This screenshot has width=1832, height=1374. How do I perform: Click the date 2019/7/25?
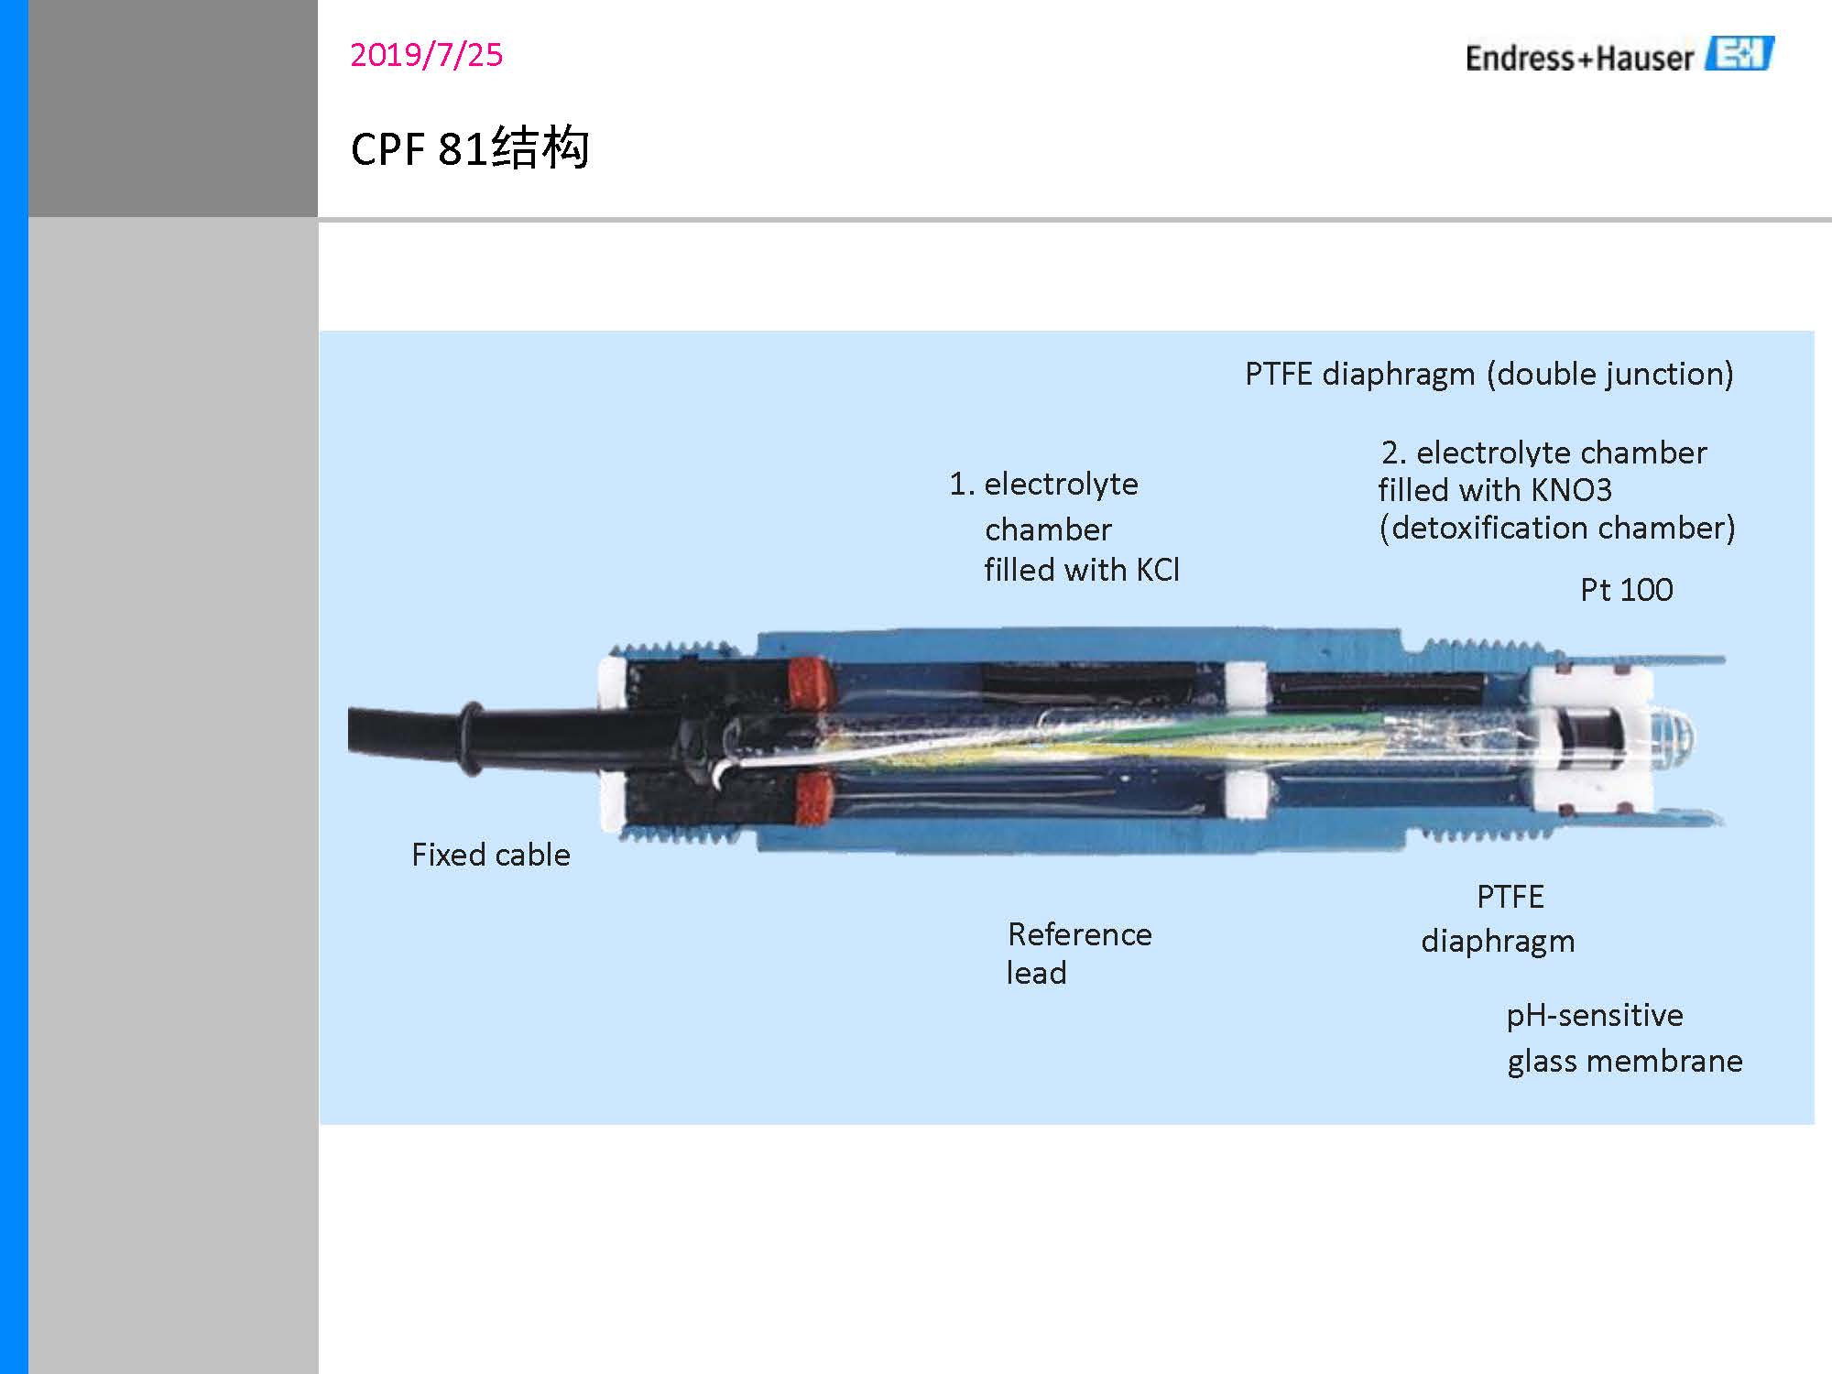point(426,55)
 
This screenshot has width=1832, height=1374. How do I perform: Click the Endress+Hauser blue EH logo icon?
point(1739,54)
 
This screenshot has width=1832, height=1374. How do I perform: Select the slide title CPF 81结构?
point(469,148)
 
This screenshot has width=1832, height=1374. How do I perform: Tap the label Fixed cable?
point(490,855)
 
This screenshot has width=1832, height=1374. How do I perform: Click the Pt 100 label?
point(1626,590)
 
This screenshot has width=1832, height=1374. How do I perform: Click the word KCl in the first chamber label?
point(1158,570)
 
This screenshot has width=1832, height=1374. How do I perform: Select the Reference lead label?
point(1078,953)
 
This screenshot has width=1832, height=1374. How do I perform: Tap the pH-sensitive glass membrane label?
point(1623,1038)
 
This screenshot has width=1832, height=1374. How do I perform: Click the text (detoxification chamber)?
point(1556,529)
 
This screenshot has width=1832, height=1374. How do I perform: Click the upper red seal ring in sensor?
point(810,682)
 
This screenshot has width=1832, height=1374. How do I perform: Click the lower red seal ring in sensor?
point(813,798)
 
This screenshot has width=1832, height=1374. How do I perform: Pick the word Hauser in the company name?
point(1644,59)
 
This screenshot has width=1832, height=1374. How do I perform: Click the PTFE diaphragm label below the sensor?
point(1499,919)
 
